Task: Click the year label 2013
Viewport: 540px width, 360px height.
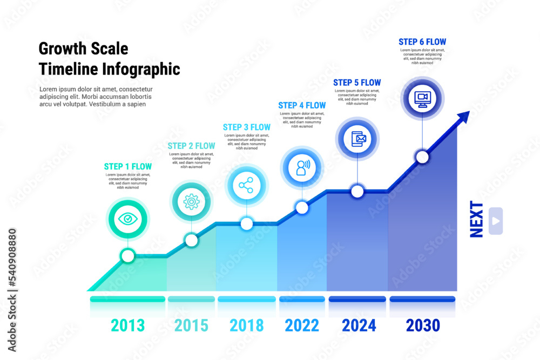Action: [x=128, y=325]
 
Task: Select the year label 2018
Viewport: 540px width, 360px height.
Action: [x=247, y=325]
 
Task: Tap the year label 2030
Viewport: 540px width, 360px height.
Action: [x=423, y=325]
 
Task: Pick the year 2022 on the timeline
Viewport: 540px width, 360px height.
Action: [x=302, y=325]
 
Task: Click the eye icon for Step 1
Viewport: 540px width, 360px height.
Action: [x=128, y=219]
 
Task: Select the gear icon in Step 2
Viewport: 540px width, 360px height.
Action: [x=191, y=202]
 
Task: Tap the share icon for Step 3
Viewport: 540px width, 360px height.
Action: [x=246, y=186]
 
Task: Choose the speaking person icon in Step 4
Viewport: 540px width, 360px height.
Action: [x=302, y=167]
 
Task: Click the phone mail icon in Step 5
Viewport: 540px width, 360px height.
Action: [x=358, y=139]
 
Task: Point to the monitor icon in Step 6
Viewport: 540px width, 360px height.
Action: [x=422, y=99]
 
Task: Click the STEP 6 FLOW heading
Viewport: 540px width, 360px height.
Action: [x=422, y=42]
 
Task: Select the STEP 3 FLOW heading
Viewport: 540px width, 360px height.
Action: [x=247, y=127]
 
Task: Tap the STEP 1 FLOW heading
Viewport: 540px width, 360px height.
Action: [x=128, y=166]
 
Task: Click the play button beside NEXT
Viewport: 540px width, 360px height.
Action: [x=496, y=221]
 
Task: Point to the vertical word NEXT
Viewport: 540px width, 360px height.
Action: [x=476, y=219]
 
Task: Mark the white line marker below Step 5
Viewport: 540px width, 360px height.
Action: [x=357, y=191]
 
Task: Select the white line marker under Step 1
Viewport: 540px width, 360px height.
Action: [x=128, y=256]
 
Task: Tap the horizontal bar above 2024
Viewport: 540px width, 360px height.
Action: [x=357, y=299]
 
